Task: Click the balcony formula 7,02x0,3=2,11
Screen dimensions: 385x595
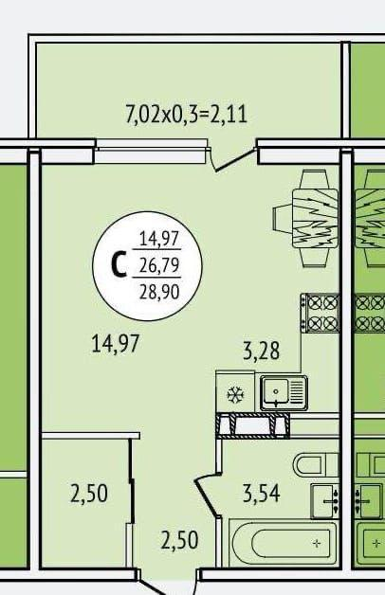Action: point(186,115)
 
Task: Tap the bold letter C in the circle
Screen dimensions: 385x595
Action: point(119,265)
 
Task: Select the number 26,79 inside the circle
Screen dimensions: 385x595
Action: point(159,265)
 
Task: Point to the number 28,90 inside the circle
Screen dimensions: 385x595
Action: point(159,292)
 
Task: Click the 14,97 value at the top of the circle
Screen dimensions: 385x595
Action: point(159,239)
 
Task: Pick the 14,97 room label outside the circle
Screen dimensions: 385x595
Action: point(116,344)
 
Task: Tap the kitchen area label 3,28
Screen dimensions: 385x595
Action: point(261,351)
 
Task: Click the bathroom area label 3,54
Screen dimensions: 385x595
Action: point(261,494)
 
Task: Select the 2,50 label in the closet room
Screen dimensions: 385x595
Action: point(89,494)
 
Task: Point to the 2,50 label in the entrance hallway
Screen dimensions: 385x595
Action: point(179,540)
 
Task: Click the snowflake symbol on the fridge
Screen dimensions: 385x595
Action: point(235,395)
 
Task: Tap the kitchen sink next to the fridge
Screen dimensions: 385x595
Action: point(284,393)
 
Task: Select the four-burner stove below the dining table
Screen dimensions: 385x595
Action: point(320,313)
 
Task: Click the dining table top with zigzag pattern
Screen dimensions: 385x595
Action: point(315,218)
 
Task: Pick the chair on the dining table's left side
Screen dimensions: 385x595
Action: point(283,218)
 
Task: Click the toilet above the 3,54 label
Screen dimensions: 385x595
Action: point(316,463)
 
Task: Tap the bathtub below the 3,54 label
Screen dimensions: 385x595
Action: point(283,544)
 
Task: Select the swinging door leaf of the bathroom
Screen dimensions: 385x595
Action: point(206,497)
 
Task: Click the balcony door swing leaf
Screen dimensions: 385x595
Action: point(232,160)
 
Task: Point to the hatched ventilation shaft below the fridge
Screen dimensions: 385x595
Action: point(253,425)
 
